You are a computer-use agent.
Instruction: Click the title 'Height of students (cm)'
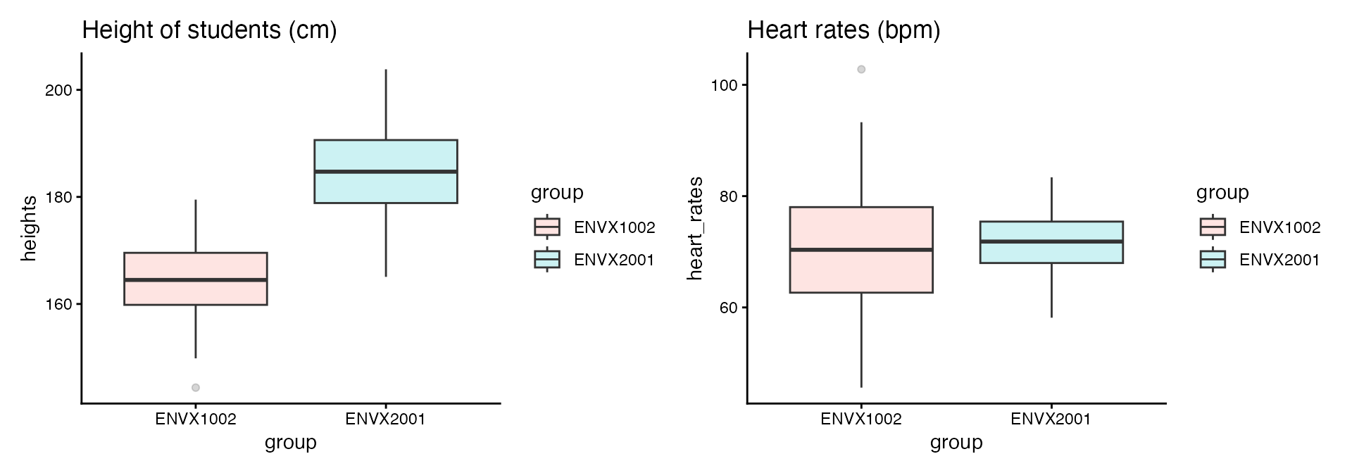pos(209,30)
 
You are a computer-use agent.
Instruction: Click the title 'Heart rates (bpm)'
pos(844,30)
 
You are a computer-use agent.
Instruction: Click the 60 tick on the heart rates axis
pos(728,308)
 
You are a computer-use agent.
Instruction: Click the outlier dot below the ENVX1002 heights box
pos(196,388)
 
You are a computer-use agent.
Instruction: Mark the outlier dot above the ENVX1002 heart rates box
pos(861,69)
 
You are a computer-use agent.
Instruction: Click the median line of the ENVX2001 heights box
pos(386,171)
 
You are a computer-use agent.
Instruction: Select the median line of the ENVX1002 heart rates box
pos(861,249)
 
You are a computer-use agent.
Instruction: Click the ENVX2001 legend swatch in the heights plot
pos(547,260)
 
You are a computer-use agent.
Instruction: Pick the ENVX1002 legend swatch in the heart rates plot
pos(1213,227)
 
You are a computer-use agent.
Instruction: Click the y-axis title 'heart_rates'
pos(695,229)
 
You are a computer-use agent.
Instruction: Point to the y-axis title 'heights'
pos(29,229)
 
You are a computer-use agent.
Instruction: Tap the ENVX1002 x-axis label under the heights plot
pos(196,420)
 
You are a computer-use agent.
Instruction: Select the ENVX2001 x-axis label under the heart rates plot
pos(1051,420)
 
